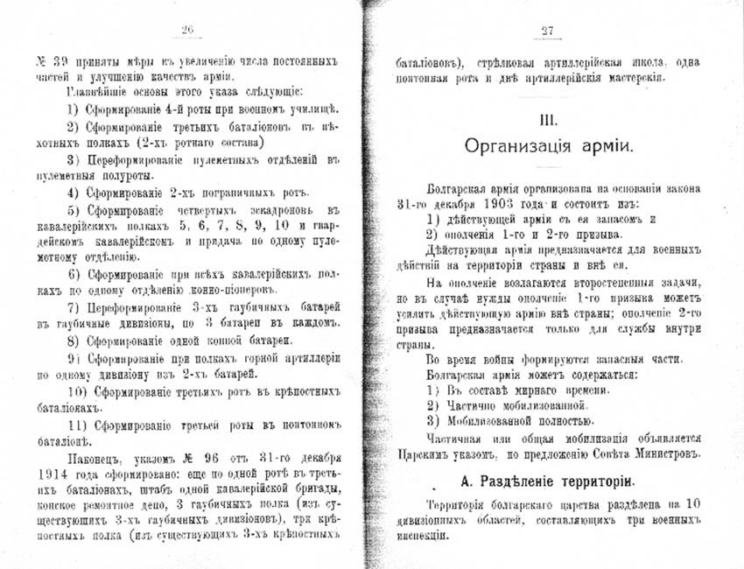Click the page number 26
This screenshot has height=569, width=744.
pyautogui.click(x=186, y=31)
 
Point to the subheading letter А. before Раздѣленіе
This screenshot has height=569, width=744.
pyautogui.click(x=465, y=482)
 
